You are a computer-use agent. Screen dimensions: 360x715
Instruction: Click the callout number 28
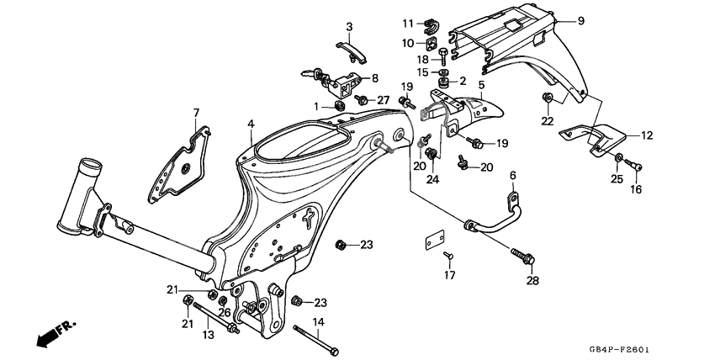pyautogui.click(x=531, y=280)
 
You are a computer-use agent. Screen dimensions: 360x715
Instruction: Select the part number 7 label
pyautogui.click(x=196, y=113)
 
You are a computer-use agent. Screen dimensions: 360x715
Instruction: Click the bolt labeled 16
pyautogui.click(x=635, y=167)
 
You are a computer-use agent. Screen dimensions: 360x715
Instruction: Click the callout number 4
pyautogui.click(x=251, y=124)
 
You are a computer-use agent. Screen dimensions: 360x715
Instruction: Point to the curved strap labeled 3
pyautogui.click(x=351, y=48)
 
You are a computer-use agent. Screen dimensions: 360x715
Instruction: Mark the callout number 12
pyautogui.click(x=647, y=135)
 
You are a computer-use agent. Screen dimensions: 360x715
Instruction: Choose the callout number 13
pyautogui.click(x=208, y=335)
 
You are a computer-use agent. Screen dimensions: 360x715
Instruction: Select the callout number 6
pyautogui.click(x=511, y=175)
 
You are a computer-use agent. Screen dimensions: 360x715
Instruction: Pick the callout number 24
pyautogui.click(x=434, y=177)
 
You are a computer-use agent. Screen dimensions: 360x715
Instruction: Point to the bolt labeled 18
pyautogui.click(x=442, y=56)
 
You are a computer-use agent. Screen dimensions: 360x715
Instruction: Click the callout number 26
pyautogui.click(x=225, y=313)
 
